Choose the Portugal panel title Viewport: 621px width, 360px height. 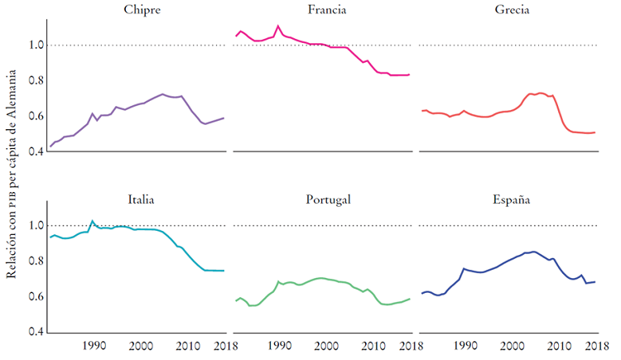point(327,199)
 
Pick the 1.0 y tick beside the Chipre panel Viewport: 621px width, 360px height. point(34,45)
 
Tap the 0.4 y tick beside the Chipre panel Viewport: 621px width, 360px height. point(34,152)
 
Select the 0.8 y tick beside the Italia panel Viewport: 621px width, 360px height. point(34,262)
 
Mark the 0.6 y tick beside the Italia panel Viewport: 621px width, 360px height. point(34,297)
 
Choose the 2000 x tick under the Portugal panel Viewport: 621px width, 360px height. point(325,345)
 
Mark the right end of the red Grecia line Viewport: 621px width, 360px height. point(595,132)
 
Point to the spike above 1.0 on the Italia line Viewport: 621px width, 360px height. point(92,221)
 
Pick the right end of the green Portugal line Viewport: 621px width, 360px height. point(409,299)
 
